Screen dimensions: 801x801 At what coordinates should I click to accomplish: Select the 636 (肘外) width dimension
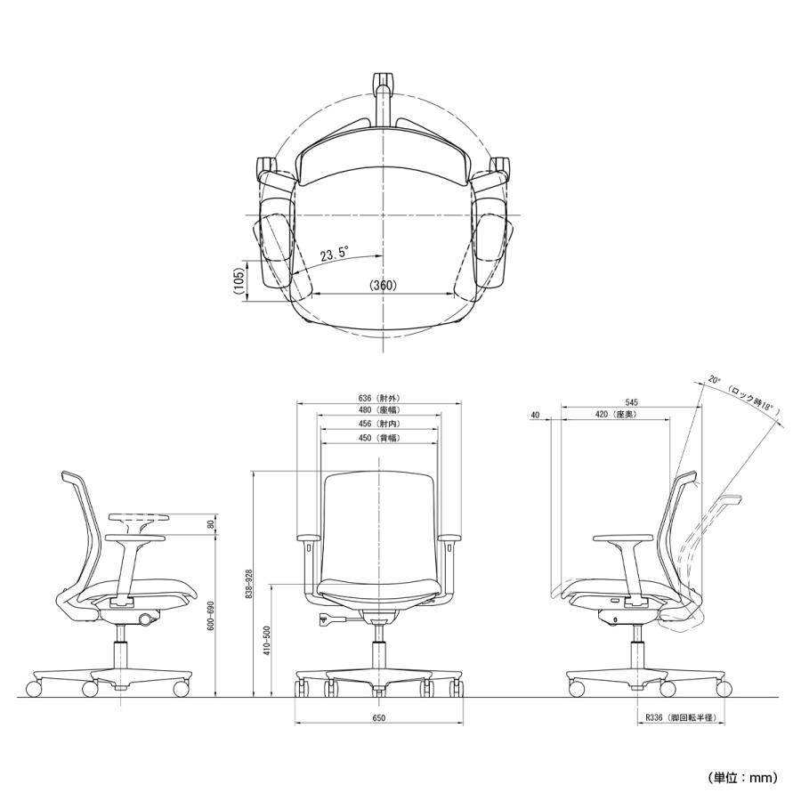(x=380, y=399)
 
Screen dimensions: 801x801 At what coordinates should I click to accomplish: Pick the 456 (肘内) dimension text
(x=380, y=425)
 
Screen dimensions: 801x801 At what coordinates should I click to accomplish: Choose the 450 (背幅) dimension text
(x=380, y=439)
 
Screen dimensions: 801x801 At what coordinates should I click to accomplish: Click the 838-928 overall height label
(x=249, y=583)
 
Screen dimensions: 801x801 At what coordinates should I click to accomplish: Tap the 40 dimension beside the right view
(x=534, y=415)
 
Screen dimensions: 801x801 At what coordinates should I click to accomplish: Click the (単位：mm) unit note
(x=743, y=777)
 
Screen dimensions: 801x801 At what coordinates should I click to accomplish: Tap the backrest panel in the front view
(x=380, y=525)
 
